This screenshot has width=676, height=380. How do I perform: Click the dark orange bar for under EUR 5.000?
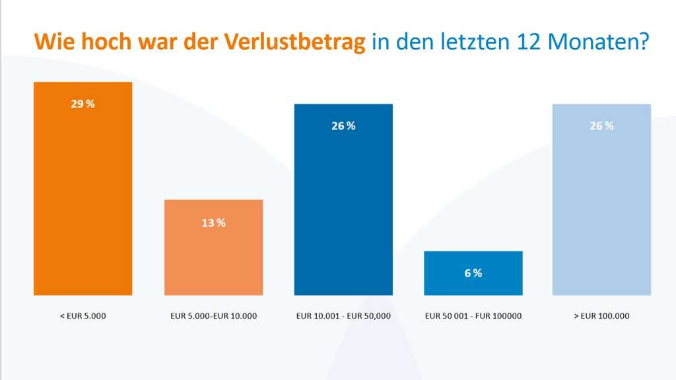(x=83, y=198)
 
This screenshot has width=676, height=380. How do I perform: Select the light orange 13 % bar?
(x=213, y=257)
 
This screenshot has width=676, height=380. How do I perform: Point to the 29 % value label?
(x=83, y=104)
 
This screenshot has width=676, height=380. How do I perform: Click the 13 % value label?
(x=213, y=223)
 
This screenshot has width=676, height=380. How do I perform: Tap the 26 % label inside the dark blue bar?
(x=343, y=126)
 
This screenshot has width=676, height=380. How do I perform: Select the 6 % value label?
(x=473, y=273)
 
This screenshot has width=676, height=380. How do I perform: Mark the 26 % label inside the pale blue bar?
(x=601, y=126)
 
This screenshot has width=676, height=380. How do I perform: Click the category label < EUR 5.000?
(x=83, y=316)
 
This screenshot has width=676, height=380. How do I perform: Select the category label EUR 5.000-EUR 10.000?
(x=213, y=316)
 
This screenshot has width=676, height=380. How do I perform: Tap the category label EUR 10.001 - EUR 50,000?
(x=343, y=316)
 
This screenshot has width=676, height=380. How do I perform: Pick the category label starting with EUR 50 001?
(x=473, y=316)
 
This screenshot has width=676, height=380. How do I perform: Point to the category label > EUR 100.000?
(x=601, y=316)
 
